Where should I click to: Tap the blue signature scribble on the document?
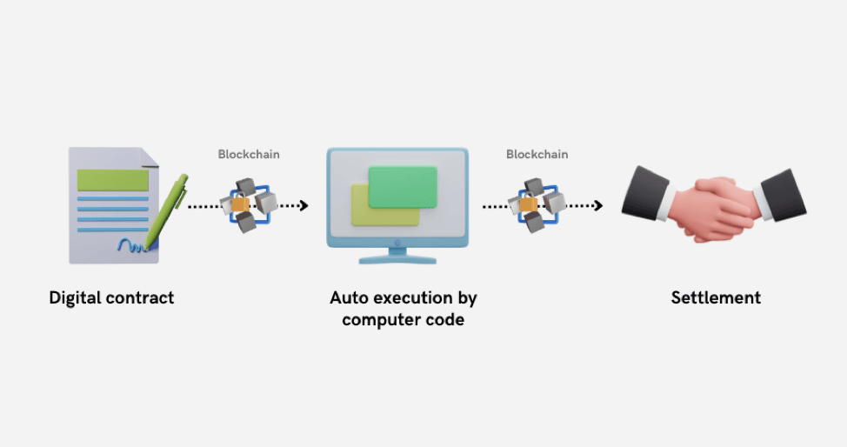pos(130,245)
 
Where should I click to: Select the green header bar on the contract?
pos(113,180)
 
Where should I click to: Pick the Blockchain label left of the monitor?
pos(249,155)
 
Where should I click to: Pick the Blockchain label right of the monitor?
pos(537,155)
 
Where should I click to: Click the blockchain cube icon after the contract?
pos(249,205)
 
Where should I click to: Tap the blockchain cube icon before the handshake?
pos(537,204)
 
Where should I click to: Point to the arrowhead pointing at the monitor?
pos(303,206)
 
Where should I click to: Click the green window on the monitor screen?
pos(402,186)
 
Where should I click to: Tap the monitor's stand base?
pos(397,257)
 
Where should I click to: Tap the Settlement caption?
pos(716,297)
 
